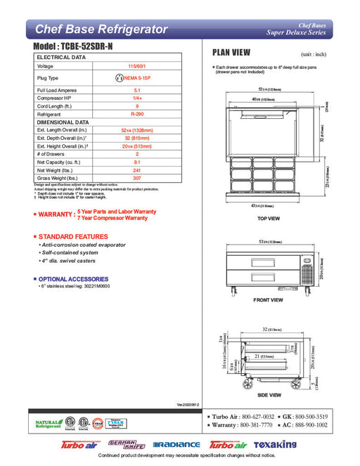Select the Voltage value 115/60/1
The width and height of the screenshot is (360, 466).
137,65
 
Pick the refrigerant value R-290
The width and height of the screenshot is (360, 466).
137,112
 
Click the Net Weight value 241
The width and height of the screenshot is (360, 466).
137,171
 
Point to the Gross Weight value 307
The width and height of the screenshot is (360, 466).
137,179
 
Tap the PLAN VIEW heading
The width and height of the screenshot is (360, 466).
231,53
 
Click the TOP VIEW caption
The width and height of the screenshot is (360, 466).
269,218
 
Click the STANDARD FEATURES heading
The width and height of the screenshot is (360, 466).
73,236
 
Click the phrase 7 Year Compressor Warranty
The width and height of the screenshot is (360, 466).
112,219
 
